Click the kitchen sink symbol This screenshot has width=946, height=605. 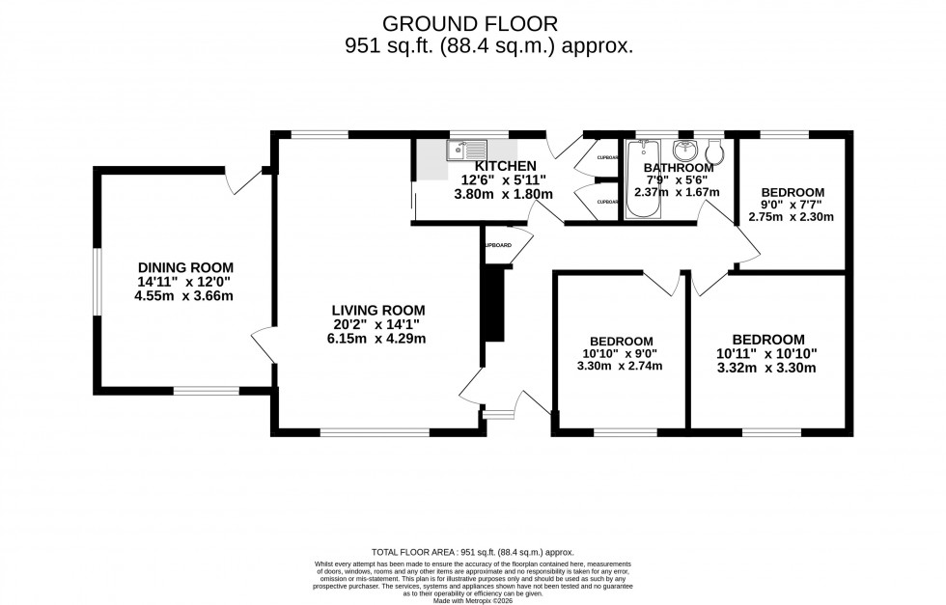click(467, 151)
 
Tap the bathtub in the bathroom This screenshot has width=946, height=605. click(641, 180)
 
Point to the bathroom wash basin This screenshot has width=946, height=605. click(683, 151)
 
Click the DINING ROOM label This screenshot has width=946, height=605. click(185, 267)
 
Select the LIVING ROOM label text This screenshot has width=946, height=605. click(376, 310)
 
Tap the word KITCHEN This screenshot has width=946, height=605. click(504, 166)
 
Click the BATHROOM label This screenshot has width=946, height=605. click(679, 167)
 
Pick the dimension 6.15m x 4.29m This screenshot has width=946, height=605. click(376, 338)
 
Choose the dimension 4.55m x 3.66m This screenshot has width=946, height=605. click(185, 295)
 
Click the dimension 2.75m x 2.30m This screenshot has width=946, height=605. click(791, 217)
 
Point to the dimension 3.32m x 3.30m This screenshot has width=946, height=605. click(767, 368)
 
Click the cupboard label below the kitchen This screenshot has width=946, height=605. click(497, 245)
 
